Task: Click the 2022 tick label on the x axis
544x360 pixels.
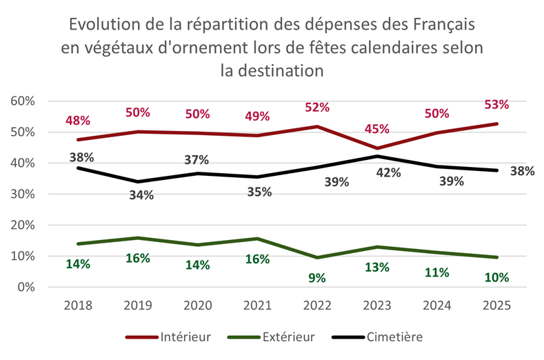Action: (318, 306)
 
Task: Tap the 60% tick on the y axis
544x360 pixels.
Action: (22, 101)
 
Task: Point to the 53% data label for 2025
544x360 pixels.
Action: (496, 105)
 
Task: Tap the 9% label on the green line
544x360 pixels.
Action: (318, 278)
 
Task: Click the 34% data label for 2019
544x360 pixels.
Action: (141, 194)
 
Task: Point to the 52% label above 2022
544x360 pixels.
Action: (318, 107)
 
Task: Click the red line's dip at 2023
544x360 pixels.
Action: (377, 148)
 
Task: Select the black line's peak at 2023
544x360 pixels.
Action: (377, 156)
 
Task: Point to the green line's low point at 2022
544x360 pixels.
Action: (318, 258)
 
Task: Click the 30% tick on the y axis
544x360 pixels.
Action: (22, 194)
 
